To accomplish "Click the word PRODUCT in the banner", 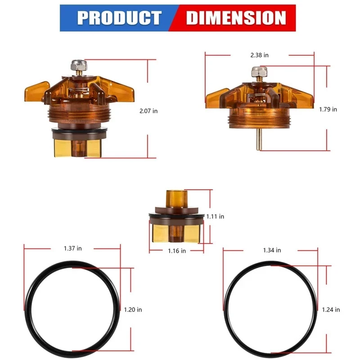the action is (119, 18).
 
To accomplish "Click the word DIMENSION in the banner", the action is (236, 18).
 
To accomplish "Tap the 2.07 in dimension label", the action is (148, 111).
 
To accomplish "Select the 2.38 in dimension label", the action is (260, 55).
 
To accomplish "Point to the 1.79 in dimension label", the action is (328, 109).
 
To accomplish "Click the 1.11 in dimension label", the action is (215, 216).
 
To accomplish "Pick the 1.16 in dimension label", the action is (177, 251).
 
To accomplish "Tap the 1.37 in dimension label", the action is (73, 248).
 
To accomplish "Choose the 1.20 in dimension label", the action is (133, 310).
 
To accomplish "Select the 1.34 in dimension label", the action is (272, 250).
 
